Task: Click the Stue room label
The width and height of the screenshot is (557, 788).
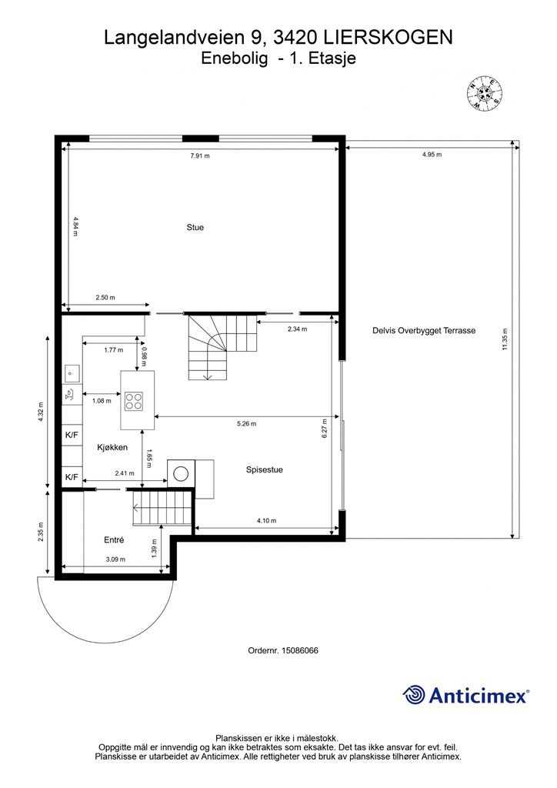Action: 195,227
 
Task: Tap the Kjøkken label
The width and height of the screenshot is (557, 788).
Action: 112,447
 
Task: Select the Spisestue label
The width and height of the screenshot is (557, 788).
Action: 264,470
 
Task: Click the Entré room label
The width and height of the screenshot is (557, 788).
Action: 114,539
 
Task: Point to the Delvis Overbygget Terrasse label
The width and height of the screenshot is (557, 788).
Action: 424,331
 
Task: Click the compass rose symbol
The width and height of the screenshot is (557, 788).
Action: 485,93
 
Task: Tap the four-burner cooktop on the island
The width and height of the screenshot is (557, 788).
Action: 134,401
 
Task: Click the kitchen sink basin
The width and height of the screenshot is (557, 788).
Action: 72,373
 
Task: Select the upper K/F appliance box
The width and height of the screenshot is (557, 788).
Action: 72,435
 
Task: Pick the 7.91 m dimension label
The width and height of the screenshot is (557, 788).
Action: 200,155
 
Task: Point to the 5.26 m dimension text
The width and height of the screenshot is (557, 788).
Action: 247,424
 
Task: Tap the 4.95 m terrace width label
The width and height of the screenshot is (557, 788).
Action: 432,154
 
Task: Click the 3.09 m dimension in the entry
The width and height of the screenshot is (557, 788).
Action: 115,559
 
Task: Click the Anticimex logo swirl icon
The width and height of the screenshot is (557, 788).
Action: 414,695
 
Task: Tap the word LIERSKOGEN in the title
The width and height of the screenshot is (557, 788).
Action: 389,38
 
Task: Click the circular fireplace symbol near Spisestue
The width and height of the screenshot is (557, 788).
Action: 181,473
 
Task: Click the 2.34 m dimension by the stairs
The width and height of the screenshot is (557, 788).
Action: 297,329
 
